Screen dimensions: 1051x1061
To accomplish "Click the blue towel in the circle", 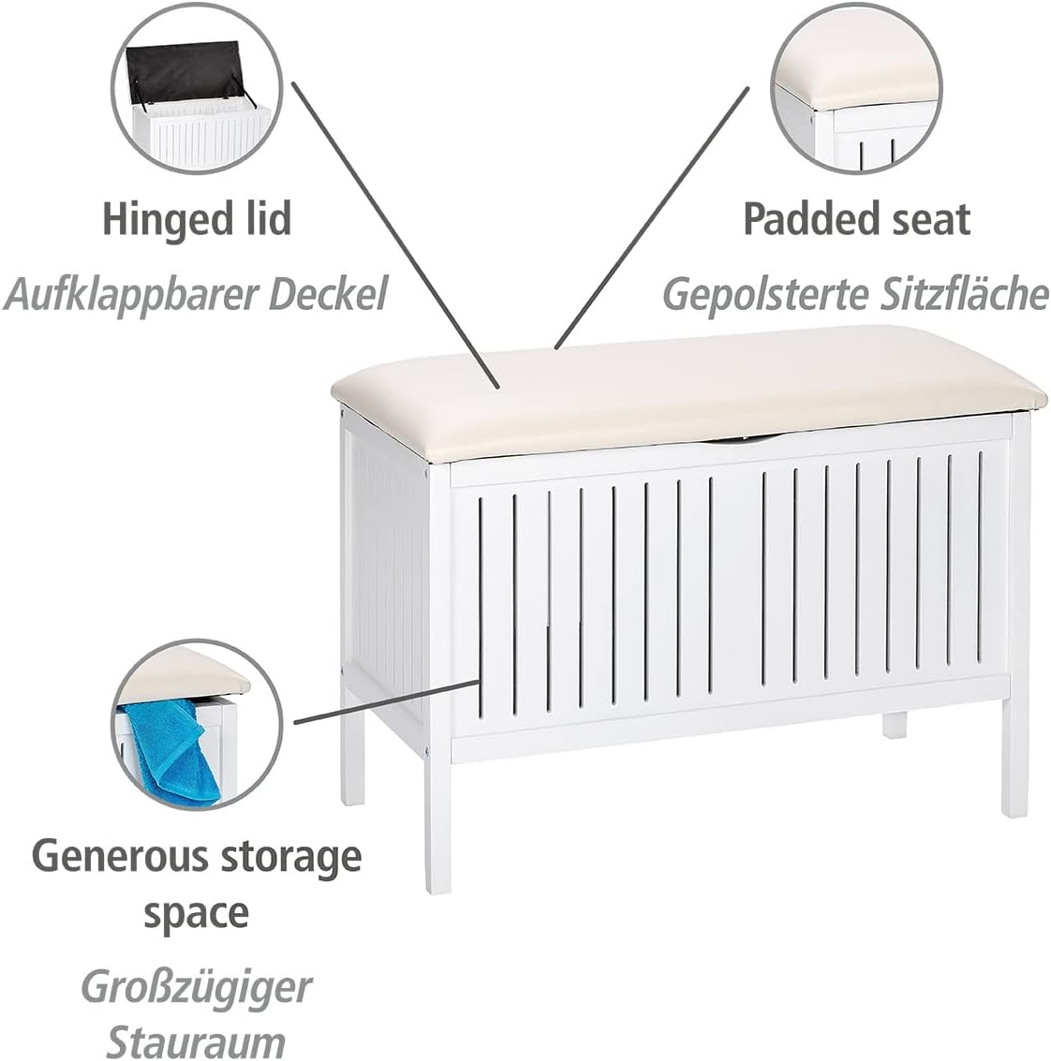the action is (170, 751).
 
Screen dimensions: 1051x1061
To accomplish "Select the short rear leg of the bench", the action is (894, 724).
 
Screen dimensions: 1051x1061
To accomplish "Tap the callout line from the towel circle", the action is (387, 701).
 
